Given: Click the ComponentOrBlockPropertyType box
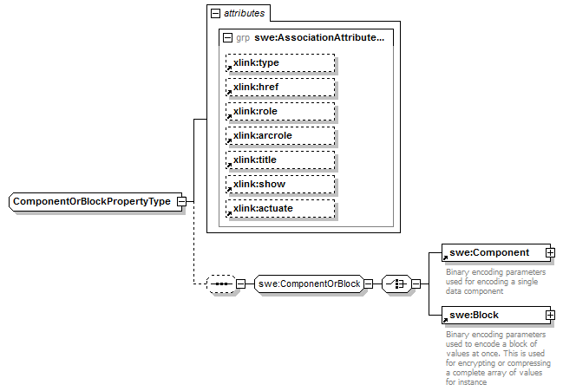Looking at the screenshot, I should [x=91, y=201].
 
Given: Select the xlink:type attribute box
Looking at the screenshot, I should [x=279, y=62].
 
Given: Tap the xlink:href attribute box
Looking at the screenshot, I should [x=279, y=87].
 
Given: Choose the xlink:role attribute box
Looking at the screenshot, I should [x=279, y=111].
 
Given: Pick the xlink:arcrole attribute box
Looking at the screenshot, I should [x=279, y=135].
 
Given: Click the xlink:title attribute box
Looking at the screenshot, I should [x=279, y=160].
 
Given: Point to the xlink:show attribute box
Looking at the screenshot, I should [x=279, y=184].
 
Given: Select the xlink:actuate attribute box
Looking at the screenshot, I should [x=279, y=208].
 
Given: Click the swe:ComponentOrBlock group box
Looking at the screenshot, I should [x=308, y=283].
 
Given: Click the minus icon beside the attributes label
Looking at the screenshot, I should [x=215, y=14].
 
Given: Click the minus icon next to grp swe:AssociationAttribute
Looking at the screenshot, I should [x=227, y=38].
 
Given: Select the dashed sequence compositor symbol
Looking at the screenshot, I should [x=222, y=283].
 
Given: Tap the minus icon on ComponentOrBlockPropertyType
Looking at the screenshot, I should [x=181, y=201].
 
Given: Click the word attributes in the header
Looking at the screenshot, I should [x=245, y=14].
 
